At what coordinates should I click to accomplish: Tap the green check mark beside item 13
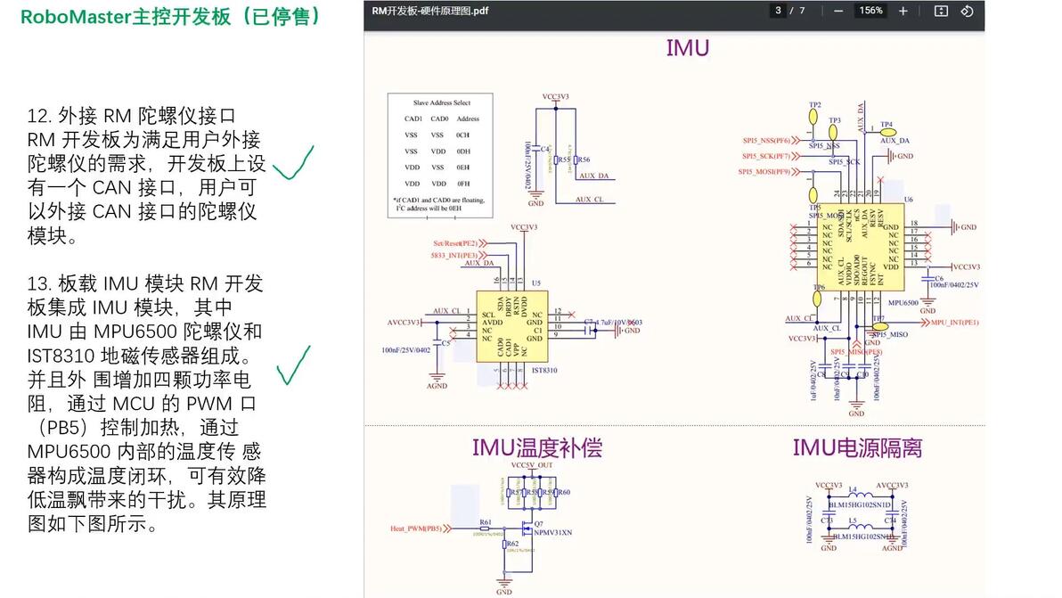click(294, 365)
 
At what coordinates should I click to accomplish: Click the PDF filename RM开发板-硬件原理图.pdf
click(430, 11)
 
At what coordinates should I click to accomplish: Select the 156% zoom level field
click(870, 11)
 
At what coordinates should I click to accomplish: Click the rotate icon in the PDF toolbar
click(968, 11)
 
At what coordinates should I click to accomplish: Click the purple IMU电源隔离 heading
click(857, 447)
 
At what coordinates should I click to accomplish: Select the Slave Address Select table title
click(442, 102)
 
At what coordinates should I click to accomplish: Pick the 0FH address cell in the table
click(462, 183)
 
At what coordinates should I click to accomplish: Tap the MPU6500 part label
click(903, 303)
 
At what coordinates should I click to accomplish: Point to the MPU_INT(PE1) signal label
click(955, 322)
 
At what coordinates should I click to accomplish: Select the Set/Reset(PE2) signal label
click(455, 242)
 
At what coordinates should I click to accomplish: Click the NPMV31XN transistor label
click(553, 532)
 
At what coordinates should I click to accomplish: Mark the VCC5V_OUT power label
click(532, 465)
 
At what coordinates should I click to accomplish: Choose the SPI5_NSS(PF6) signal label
click(766, 140)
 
